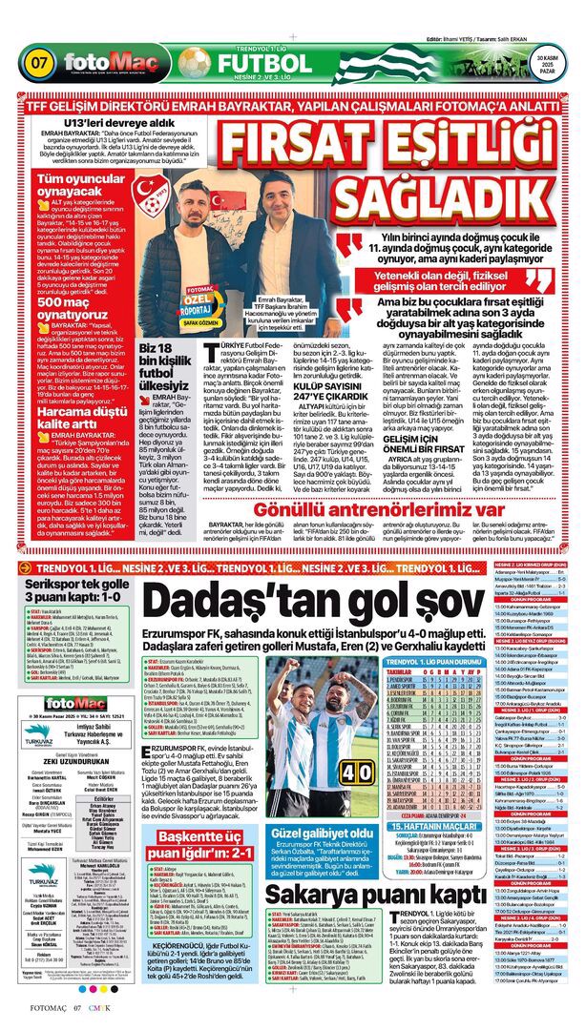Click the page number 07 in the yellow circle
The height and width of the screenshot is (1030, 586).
click(x=41, y=63)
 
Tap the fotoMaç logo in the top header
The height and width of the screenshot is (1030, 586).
click(x=111, y=64)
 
